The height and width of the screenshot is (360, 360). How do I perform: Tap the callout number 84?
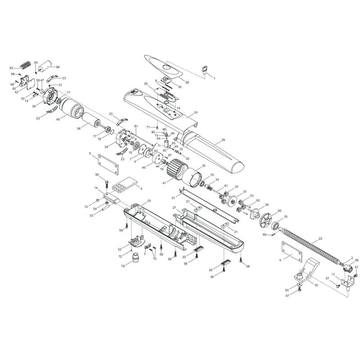click(58, 67)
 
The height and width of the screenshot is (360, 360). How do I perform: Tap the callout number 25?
click(149, 201)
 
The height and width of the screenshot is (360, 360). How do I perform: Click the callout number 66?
click(265, 234)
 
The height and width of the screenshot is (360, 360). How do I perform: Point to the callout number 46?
click(357, 261)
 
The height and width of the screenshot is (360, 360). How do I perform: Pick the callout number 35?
click(203, 166)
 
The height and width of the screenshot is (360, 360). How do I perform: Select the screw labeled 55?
click(107, 182)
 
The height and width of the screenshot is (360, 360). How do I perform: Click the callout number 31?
click(173, 198)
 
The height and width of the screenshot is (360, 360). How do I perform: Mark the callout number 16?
click(316, 285)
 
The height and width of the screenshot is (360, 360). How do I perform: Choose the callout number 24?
click(195, 112)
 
